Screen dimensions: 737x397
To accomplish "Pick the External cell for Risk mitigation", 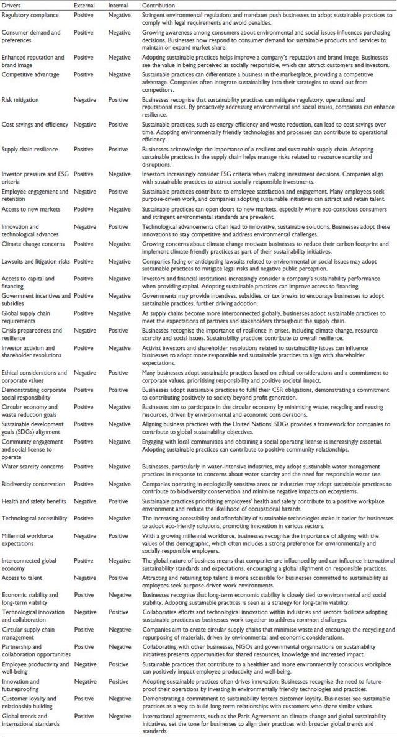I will pos(85,99).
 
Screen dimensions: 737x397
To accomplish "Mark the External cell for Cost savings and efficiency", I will pos(85,125).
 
